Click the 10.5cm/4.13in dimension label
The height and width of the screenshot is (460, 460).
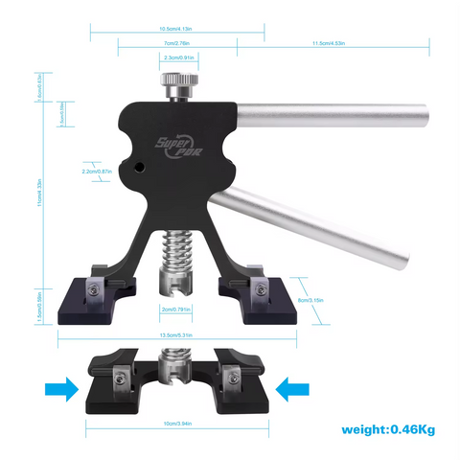(x=177, y=28)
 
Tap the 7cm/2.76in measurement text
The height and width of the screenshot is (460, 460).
(x=177, y=44)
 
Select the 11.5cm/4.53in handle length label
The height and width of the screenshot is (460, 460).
(x=330, y=44)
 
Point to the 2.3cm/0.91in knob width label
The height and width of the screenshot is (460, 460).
(x=179, y=59)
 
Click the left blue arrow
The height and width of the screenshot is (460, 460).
(x=58, y=388)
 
